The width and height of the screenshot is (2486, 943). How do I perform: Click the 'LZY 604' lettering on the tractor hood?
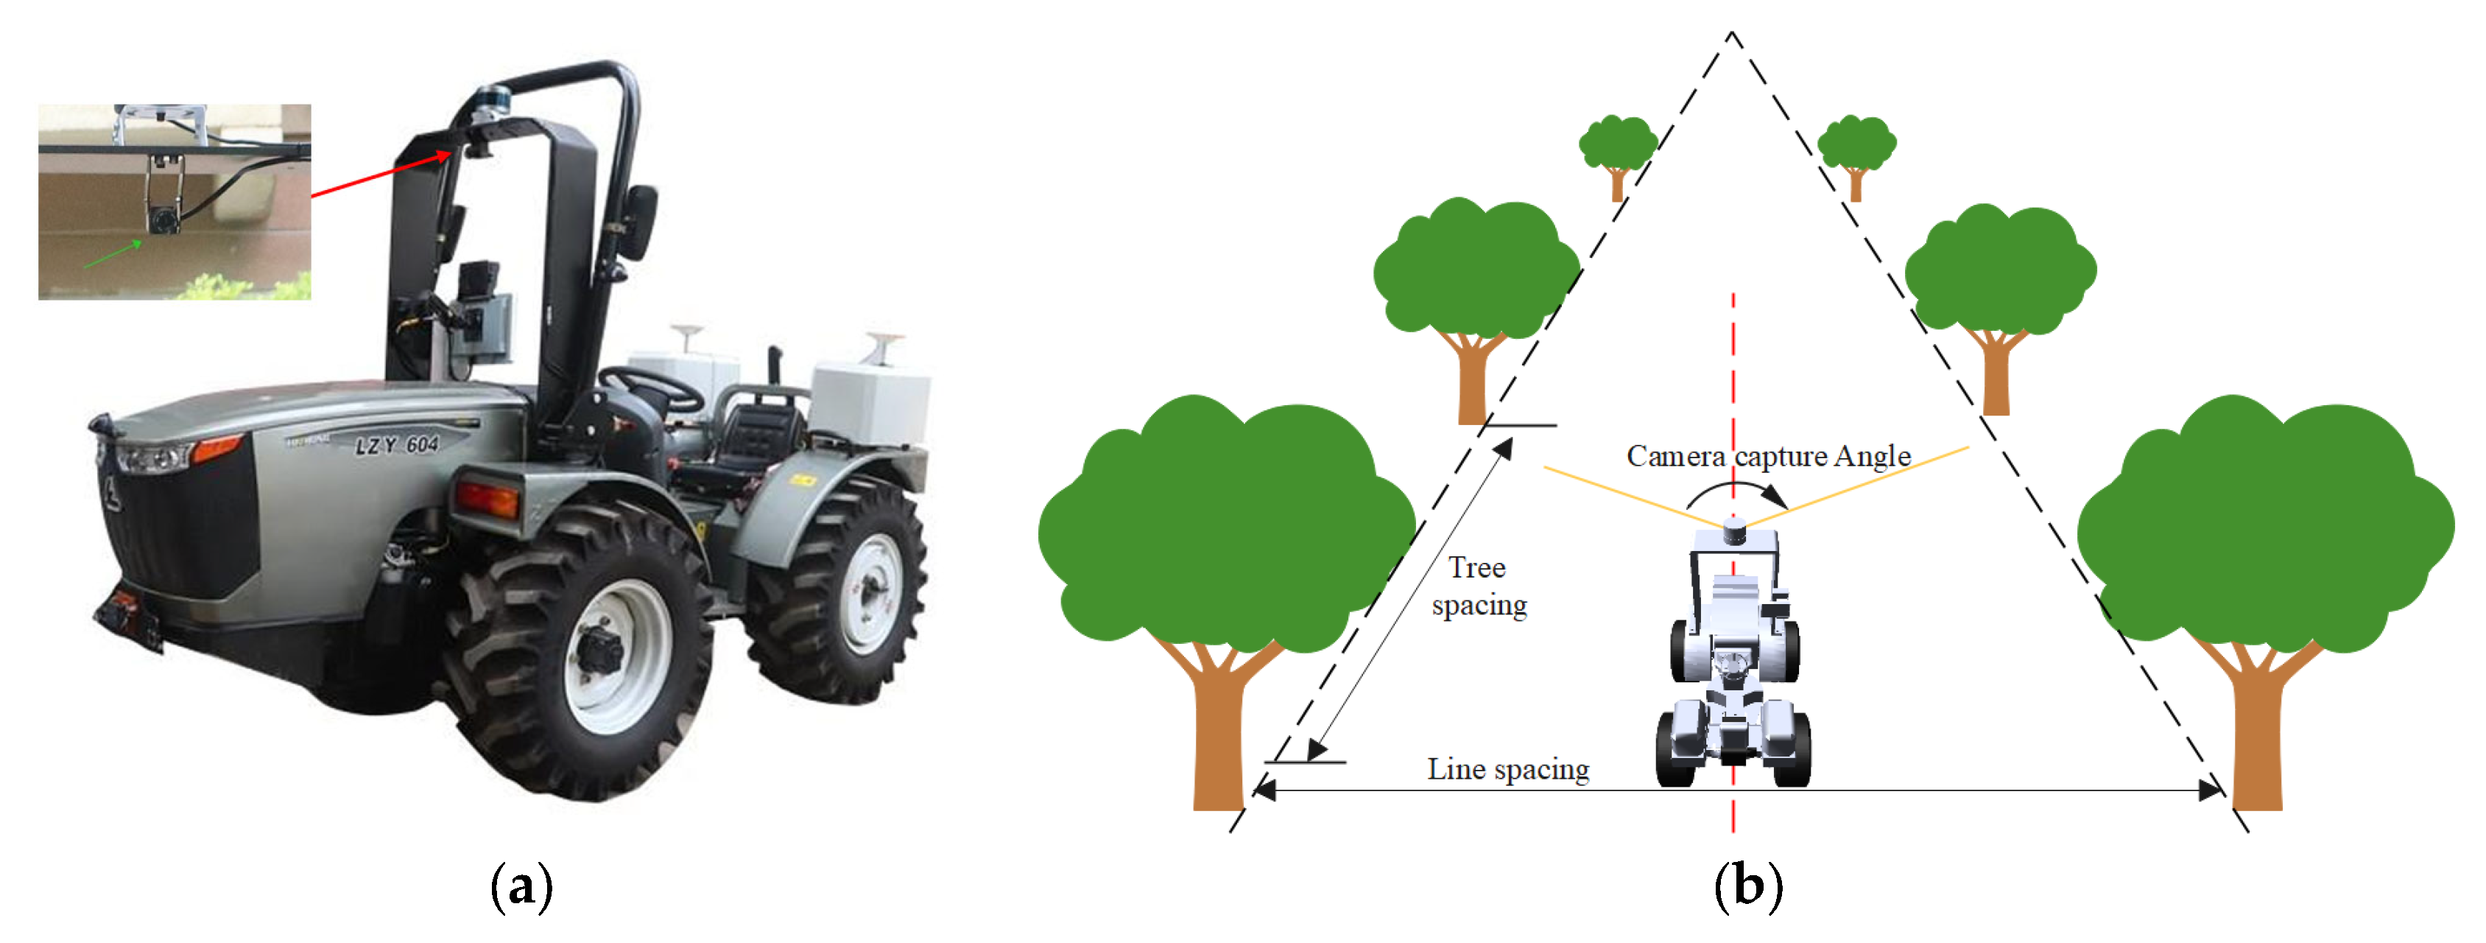click(397, 445)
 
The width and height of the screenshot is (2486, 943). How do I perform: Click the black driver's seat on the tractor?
click(762, 435)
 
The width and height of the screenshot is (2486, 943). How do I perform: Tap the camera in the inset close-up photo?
click(162, 220)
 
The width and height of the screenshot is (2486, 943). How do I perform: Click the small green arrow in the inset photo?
click(114, 255)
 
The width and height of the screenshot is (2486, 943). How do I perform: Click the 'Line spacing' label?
click(1508, 769)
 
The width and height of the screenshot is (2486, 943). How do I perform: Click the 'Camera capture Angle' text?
click(1768, 455)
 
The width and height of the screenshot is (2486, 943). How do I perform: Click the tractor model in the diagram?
click(1733, 656)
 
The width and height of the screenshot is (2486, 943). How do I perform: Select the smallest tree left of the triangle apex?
click(1617, 155)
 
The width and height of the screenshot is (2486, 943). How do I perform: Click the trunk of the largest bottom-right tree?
click(2256, 734)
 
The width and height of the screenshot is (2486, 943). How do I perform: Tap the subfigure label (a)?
click(522, 886)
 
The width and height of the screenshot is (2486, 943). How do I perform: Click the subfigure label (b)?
click(1747, 886)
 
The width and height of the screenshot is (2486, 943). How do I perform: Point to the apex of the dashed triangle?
click(1732, 35)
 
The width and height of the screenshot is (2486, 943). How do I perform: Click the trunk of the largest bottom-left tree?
click(1219, 734)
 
